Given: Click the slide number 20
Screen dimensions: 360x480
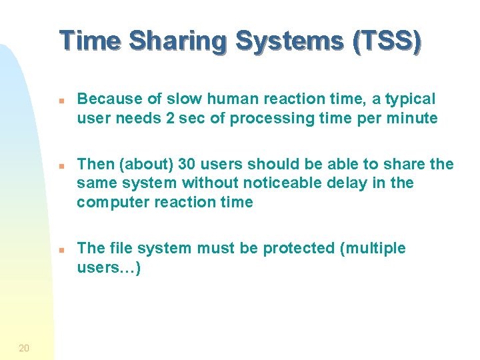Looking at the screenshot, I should (x=24, y=347).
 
